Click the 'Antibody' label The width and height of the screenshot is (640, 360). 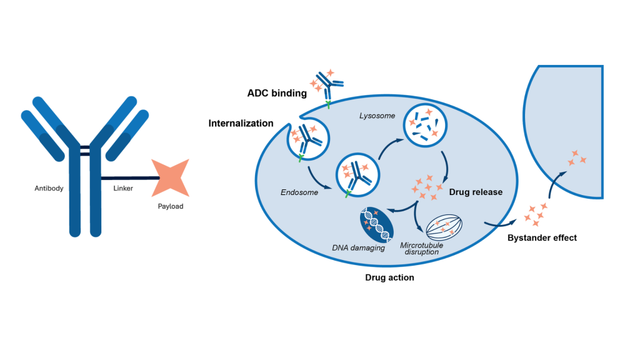49,188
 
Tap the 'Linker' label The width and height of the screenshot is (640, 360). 122,188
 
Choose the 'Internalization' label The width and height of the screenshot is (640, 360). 241,123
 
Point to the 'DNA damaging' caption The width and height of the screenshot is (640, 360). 358,248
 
